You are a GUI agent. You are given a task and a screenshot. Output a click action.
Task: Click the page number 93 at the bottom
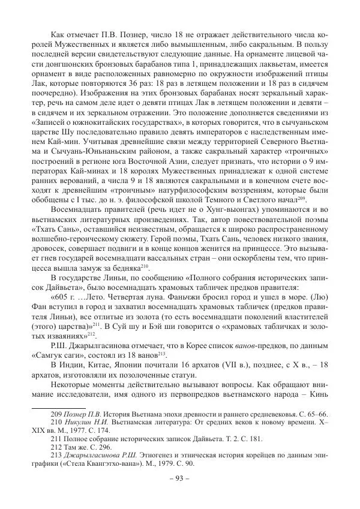180,478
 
